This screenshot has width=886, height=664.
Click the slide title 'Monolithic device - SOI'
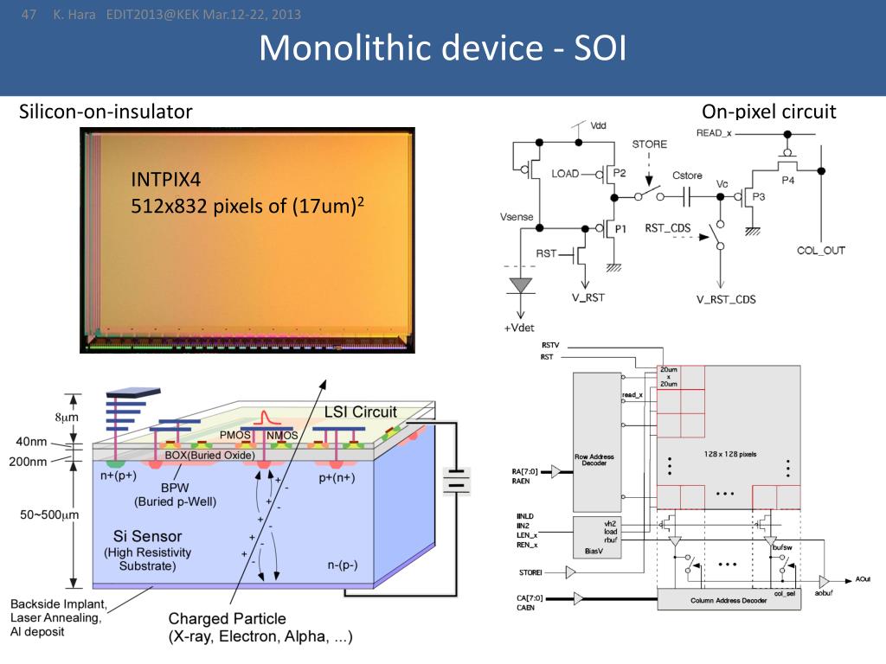[x=442, y=48]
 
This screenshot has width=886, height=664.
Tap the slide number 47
[x=28, y=14]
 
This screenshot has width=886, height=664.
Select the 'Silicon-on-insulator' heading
[x=106, y=112]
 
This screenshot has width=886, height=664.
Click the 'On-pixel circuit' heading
[x=769, y=112]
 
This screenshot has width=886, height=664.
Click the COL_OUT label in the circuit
[x=820, y=251]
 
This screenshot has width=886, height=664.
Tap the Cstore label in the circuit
[x=687, y=176]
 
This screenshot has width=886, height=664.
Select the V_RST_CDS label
[x=726, y=299]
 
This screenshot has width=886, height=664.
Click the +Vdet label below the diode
[x=520, y=329]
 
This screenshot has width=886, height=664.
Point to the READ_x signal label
[x=714, y=132]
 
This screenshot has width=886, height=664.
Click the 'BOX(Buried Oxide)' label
[x=209, y=455]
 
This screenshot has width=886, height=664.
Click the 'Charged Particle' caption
[x=227, y=619]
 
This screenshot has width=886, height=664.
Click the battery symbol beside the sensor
[x=457, y=480]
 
